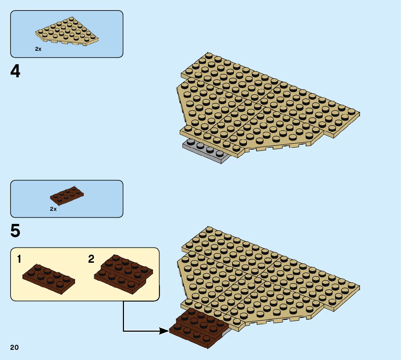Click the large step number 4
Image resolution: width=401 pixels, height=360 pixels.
[15, 71]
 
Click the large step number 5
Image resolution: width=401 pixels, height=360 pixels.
[15, 231]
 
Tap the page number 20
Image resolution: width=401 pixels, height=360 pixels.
[15, 348]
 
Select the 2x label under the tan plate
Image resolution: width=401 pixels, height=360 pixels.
[38, 49]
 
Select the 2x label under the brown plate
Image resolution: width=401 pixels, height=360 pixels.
[53, 209]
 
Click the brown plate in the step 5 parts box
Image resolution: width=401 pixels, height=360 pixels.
[67, 196]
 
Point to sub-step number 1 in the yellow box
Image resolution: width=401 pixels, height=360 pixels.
[19, 259]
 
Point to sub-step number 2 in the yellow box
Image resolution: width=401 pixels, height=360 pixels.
[91, 259]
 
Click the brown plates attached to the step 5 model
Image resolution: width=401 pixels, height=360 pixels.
[198, 327]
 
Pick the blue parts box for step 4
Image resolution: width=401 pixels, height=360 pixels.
[67, 34]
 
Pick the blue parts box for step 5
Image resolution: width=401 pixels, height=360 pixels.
[67, 199]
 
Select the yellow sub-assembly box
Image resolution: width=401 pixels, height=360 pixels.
[85, 274]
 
